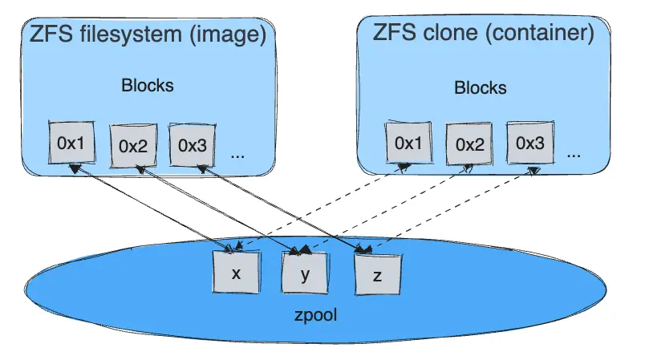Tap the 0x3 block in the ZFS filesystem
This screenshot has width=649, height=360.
point(193,144)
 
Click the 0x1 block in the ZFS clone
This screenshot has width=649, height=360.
point(408,143)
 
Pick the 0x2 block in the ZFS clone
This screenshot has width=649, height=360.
point(469,145)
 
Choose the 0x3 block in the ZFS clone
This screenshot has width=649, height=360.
point(529,143)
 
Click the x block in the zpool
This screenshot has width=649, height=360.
point(236,273)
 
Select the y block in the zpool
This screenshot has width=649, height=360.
point(306,274)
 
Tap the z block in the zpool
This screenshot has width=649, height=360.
point(377,273)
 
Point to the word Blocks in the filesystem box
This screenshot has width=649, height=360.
point(147,85)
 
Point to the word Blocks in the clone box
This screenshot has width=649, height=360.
point(481,87)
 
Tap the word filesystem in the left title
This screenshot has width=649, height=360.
point(125,34)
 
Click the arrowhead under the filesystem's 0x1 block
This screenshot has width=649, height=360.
point(74,168)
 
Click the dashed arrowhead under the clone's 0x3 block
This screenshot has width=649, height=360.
point(533,169)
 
